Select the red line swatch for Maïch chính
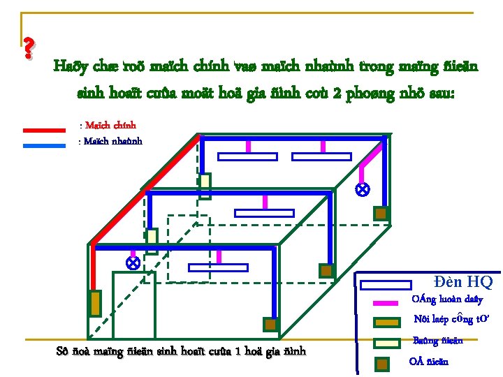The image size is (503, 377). pyautogui.click(x=44, y=129)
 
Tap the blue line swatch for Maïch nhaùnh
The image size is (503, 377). pyautogui.click(x=44, y=146)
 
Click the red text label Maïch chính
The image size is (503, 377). pyautogui.click(x=108, y=126)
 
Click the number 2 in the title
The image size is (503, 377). pyautogui.click(x=338, y=93)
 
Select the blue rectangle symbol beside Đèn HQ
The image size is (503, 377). pyautogui.click(x=385, y=284)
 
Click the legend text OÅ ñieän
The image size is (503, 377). pyautogui.click(x=428, y=361)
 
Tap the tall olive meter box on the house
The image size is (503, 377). pyautogui.click(x=95, y=303)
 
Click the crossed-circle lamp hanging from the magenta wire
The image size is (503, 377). pyautogui.click(x=362, y=189)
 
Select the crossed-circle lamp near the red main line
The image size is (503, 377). pyautogui.click(x=131, y=263)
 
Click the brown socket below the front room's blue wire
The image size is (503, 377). pyautogui.click(x=270, y=325)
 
